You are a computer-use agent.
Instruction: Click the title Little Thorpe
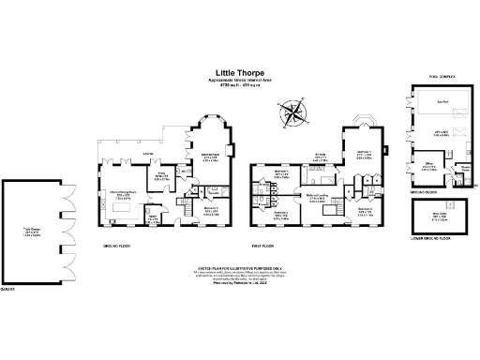tap(240, 71)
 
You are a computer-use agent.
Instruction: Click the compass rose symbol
tap(295, 114)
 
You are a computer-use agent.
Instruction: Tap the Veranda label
tap(147, 153)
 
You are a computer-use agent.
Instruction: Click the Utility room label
tap(153, 219)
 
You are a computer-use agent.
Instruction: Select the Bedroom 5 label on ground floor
tap(211, 212)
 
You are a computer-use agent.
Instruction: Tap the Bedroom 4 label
tap(281, 173)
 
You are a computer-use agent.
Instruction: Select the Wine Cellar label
tap(438, 215)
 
